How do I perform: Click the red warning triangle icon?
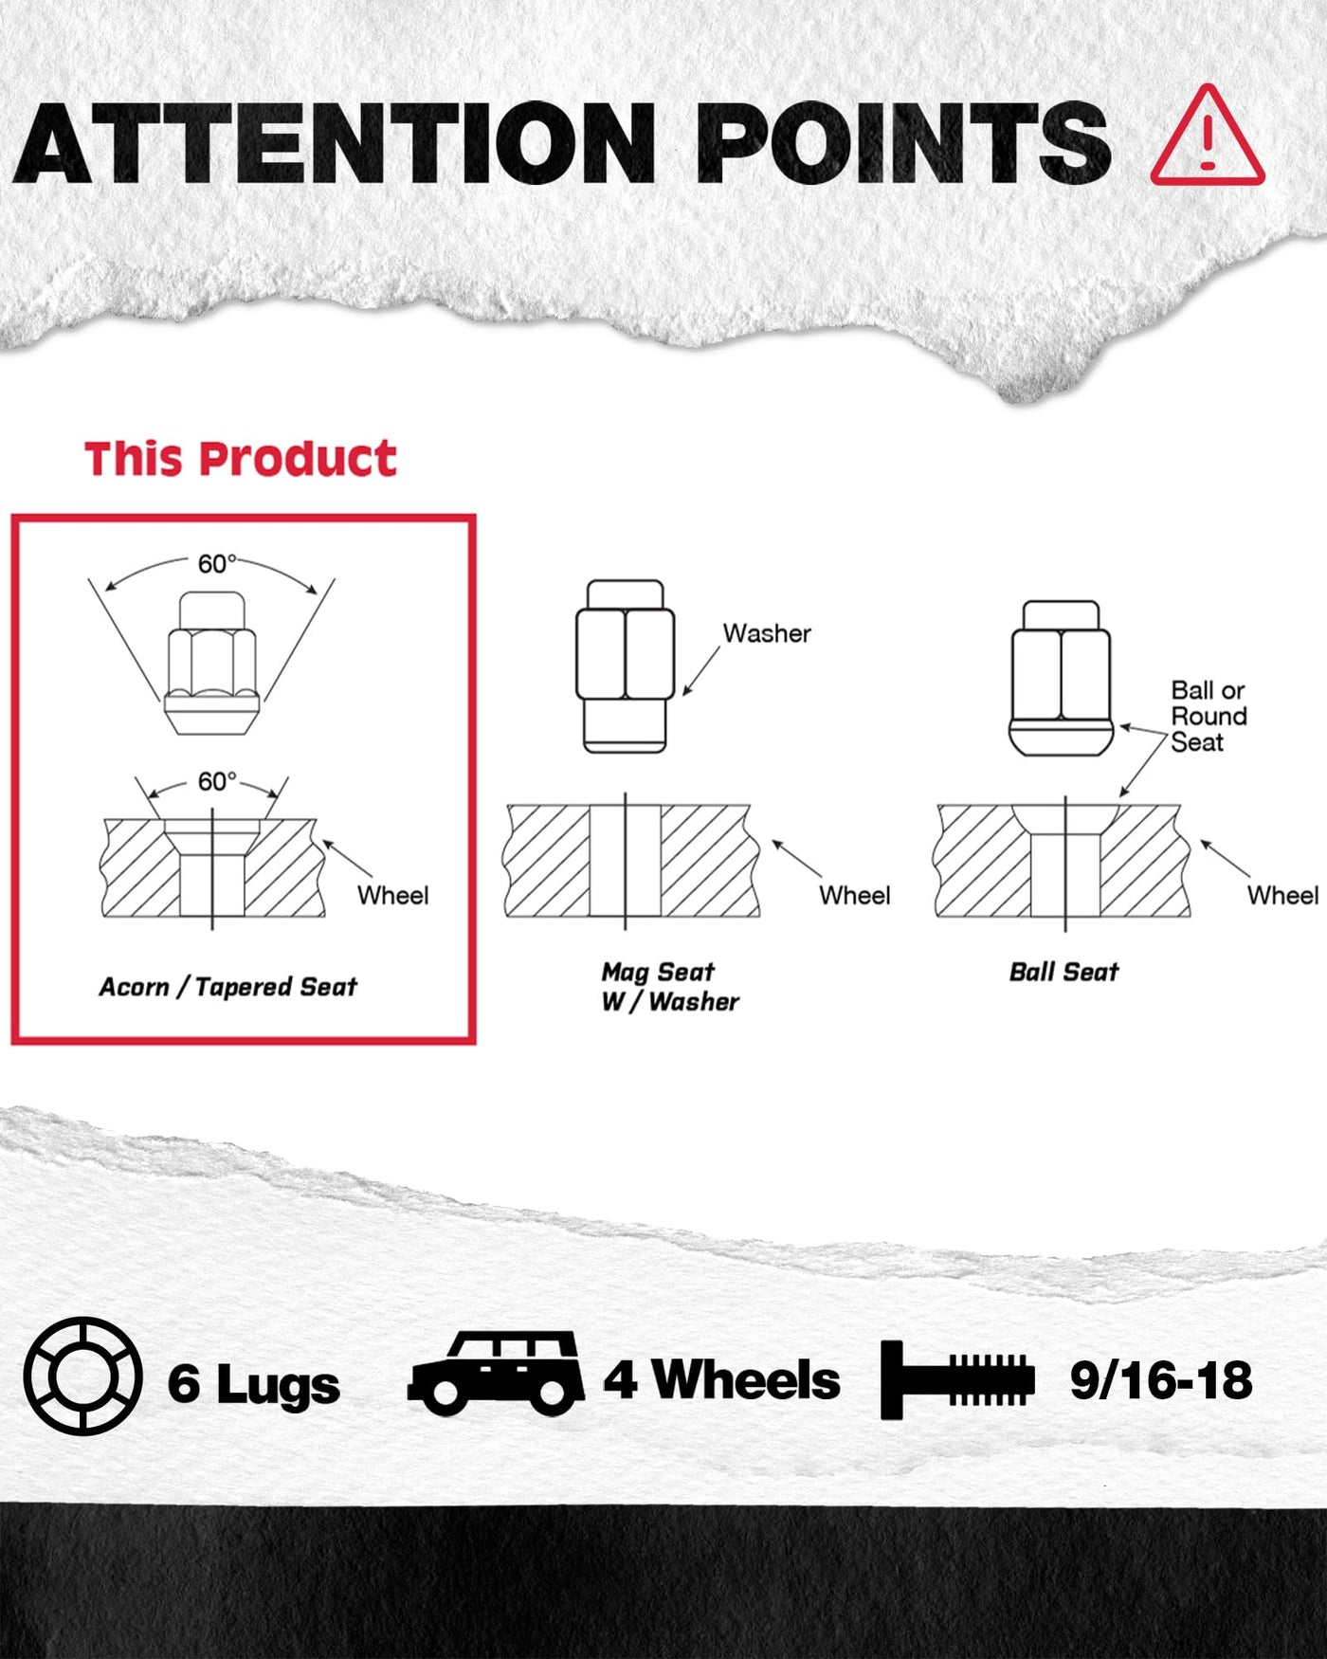point(1208,136)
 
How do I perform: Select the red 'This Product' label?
point(240,459)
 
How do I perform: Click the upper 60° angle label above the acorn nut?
point(216,564)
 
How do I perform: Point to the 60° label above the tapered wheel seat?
point(216,781)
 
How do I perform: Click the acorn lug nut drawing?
point(211,663)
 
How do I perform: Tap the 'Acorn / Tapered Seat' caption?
point(227,987)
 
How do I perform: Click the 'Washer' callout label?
point(767,633)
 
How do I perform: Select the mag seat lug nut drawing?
point(626,666)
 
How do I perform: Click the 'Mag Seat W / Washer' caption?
point(669,986)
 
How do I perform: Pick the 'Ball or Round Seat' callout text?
point(1209,716)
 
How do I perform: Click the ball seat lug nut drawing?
point(1062,678)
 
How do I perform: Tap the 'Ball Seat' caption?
point(1063,972)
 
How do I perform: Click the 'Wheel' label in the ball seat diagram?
point(1282,895)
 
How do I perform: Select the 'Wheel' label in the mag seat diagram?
point(855,895)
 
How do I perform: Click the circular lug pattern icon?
point(83,1376)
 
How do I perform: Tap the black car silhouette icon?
point(497,1374)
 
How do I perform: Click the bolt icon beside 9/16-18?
point(957,1379)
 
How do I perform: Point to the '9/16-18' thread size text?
point(1161,1380)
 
